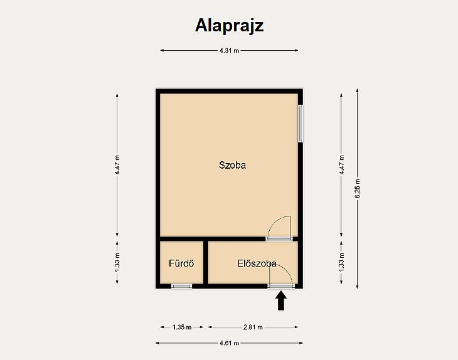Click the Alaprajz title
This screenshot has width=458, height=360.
(x=229, y=26)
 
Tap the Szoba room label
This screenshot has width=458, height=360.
(x=233, y=165)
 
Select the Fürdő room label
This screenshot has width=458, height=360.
(x=181, y=263)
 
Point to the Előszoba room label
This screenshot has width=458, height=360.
(x=257, y=263)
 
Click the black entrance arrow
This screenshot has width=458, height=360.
(x=281, y=300)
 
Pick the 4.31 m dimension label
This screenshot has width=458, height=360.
(x=229, y=51)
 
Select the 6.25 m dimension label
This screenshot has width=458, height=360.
(x=358, y=188)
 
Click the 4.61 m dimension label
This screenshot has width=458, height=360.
(x=229, y=343)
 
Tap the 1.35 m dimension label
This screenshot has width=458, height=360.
(x=182, y=327)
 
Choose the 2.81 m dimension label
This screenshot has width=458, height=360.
(x=253, y=327)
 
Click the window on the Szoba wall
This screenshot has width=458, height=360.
(x=301, y=124)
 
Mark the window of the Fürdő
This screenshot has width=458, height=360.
(x=182, y=286)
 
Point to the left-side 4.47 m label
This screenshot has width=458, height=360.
(x=117, y=165)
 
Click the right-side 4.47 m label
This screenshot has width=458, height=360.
(x=341, y=165)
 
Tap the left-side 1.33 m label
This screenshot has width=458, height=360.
(x=117, y=263)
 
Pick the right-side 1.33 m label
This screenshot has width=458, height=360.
(x=341, y=263)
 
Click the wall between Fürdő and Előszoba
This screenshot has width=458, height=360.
(x=206, y=263)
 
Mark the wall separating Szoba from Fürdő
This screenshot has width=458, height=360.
(x=182, y=239)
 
